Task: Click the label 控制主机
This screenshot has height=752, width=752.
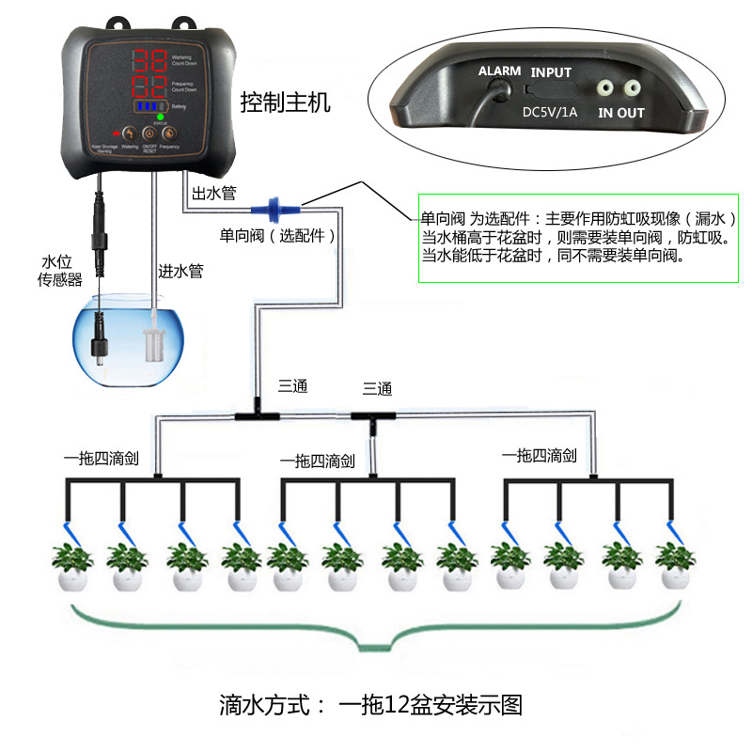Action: pos(286,102)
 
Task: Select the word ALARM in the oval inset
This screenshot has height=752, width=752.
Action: pos(499,71)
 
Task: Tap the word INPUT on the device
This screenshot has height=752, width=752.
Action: pos(550,72)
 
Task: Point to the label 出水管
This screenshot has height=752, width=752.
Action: pos(213,193)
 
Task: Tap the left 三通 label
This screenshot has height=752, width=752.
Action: pos(292,384)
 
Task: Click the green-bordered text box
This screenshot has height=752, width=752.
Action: pos(578,236)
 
